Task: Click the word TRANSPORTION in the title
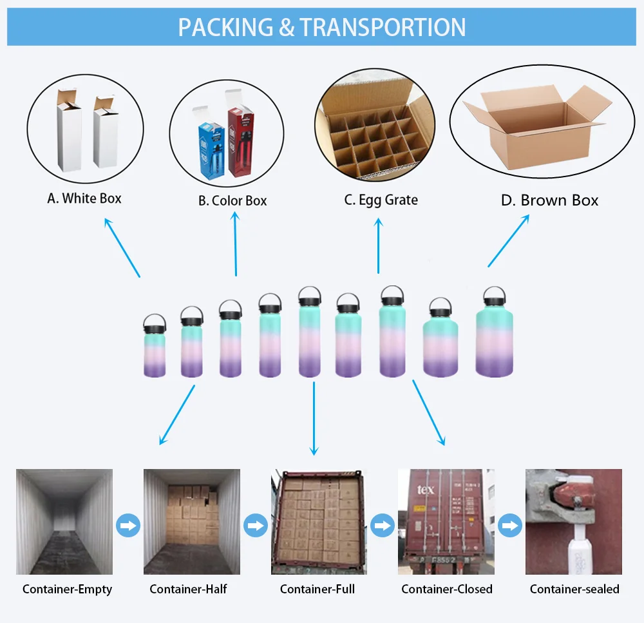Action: click(383, 27)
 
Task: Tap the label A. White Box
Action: click(84, 198)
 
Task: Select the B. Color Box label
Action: click(232, 201)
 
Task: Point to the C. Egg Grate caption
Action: click(381, 200)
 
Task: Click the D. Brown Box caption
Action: click(549, 200)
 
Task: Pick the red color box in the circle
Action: click(241, 145)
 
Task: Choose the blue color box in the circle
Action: click(209, 151)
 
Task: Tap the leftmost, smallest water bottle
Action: click(155, 348)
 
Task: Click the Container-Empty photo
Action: click(64, 521)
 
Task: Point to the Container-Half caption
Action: click(188, 589)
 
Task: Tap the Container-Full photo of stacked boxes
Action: click(318, 521)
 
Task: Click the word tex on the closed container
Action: click(426, 490)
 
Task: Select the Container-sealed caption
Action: click(574, 589)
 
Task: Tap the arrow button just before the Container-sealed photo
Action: click(511, 525)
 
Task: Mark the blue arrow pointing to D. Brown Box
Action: click(509, 240)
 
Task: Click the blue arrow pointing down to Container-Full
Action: click(314, 419)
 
